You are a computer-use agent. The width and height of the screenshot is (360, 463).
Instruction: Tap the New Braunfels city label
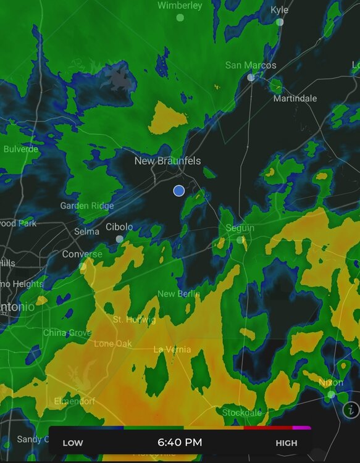click(x=167, y=161)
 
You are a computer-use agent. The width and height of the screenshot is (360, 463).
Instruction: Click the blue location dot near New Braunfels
click(x=178, y=191)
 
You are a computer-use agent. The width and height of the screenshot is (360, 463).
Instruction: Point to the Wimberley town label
click(x=180, y=6)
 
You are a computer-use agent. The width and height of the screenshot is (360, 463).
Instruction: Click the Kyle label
click(x=279, y=10)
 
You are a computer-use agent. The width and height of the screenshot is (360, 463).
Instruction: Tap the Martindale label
click(x=295, y=98)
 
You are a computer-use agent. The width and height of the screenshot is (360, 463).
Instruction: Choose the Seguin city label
click(x=240, y=228)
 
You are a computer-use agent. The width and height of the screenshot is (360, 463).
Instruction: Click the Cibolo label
click(x=119, y=227)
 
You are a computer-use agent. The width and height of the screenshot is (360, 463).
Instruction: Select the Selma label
click(x=86, y=231)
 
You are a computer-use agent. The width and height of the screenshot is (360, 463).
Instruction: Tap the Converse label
click(x=82, y=254)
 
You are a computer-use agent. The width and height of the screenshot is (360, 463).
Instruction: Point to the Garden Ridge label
click(x=87, y=206)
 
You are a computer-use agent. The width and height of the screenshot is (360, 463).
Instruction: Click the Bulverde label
click(x=20, y=149)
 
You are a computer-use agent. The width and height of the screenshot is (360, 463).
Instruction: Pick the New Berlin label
click(x=178, y=294)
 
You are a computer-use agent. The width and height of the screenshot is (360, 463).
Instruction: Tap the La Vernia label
click(x=172, y=349)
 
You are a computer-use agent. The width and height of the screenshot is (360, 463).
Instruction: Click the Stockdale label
click(x=242, y=412)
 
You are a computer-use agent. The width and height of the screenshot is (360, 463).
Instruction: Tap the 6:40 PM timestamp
click(x=180, y=442)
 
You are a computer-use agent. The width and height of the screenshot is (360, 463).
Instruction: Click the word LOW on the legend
click(x=73, y=443)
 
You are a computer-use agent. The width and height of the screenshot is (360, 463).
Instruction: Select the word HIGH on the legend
click(x=286, y=443)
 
